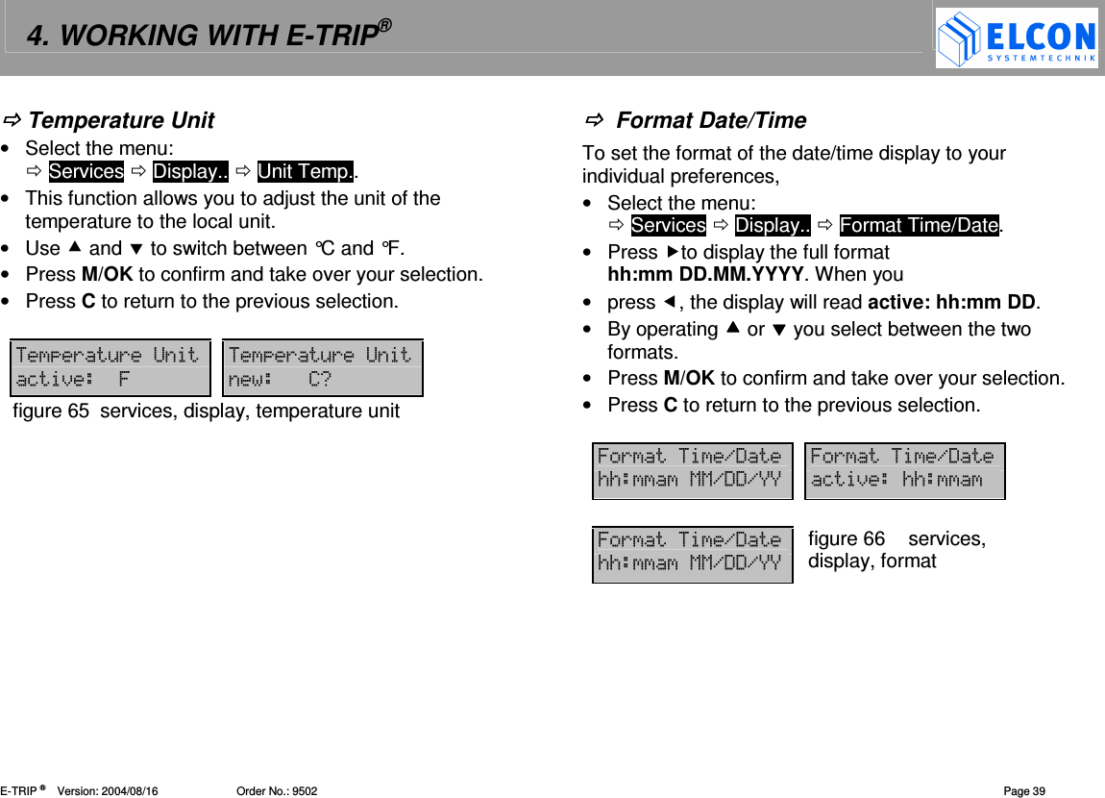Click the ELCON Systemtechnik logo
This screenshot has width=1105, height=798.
[1017, 38]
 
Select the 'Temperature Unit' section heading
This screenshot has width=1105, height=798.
[121, 120]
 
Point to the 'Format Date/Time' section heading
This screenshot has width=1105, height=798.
[710, 120]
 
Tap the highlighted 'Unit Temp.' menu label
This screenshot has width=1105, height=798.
[306, 172]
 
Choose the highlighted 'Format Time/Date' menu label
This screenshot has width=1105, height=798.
[920, 225]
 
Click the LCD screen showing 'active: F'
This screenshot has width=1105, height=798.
[110, 367]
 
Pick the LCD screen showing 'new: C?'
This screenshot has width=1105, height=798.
[322, 367]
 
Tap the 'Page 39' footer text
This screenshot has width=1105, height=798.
[1024, 791]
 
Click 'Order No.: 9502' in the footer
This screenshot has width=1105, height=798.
[277, 791]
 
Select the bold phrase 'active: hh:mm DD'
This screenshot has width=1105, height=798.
[951, 303]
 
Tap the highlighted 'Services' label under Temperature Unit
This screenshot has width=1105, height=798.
[86, 172]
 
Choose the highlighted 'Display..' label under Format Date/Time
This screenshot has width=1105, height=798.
[773, 225]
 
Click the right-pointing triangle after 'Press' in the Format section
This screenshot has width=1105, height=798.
[672, 252]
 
